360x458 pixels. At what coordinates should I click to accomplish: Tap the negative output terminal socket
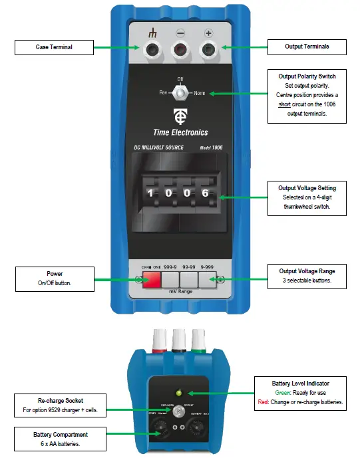[x=180, y=48]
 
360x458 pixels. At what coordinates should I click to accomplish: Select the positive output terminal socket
[x=209, y=48]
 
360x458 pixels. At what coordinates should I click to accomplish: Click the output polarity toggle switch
[x=180, y=93]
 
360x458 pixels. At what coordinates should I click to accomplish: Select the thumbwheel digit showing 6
[x=206, y=193]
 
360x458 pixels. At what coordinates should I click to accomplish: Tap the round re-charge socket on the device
[x=180, y=412]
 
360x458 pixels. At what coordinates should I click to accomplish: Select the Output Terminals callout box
[x=307, y=47]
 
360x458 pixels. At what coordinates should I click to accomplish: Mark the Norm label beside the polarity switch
[x=199, y=94]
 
